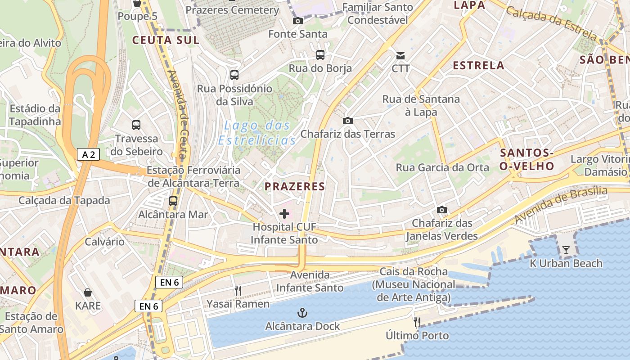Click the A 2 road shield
coord(88,154)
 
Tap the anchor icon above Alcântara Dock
coord(302,313)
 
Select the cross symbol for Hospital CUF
coord(284,214)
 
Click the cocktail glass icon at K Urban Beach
coord(566,250)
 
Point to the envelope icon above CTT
coord(400,56)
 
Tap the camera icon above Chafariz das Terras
coord(347,121)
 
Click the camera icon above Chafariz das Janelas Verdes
coord(442,210)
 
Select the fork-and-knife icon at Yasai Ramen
coord(238,291)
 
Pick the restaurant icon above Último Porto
coord(417,322)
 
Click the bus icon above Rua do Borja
coord(320,55)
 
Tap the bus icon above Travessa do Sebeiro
coord(136,125)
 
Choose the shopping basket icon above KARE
coord(88,292)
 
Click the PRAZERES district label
coord(295,187)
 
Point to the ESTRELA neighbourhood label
coord(478,66)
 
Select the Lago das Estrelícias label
coord(257,133)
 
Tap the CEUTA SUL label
coord(166,40)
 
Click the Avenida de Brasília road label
coord(561,204)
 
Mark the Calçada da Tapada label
coord(64,200)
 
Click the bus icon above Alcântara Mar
coord(173,201)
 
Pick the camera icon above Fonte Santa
coord(297,21)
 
